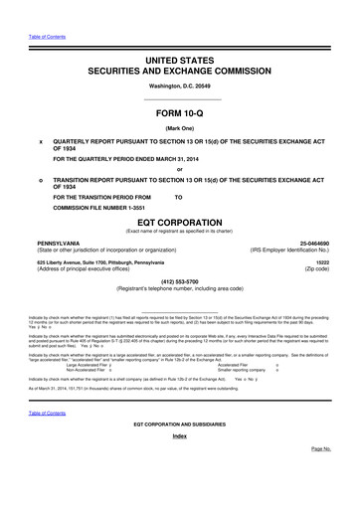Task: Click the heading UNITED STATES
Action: pyautogui.click(x=179, y=62)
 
